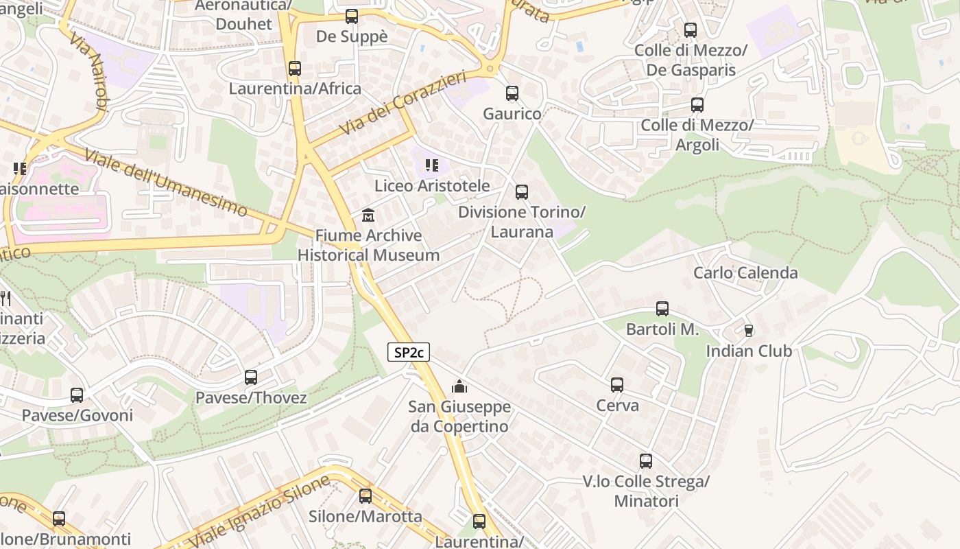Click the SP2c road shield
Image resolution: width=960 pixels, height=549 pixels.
click(409, 353)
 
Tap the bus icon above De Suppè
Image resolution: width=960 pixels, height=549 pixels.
click(352, 16)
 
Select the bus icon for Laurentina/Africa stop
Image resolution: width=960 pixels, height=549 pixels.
click(295, 69)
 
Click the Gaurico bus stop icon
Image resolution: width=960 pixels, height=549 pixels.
click(512, 93)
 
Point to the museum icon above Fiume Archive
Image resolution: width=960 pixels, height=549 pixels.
click(368, 215)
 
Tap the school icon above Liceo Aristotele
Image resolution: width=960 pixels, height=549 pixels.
click(431, 165)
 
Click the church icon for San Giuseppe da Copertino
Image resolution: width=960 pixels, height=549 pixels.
click(459, 387)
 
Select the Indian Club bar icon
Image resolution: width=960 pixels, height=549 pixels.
click(749, 331)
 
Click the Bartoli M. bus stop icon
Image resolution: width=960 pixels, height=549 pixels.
click(662, 309)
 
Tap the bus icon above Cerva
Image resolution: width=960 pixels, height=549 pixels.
click(617, 385)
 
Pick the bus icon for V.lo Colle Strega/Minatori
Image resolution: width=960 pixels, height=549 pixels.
click(646, 461)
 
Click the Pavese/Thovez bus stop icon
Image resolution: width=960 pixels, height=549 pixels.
click(251, 377)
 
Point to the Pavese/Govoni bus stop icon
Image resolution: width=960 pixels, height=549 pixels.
click(77, 395)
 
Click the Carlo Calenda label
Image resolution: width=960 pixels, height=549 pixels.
click(745, 272)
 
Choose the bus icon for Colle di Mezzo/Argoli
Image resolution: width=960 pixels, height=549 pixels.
click(697, 105)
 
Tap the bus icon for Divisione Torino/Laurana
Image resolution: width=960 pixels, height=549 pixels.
click(522, 192)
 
